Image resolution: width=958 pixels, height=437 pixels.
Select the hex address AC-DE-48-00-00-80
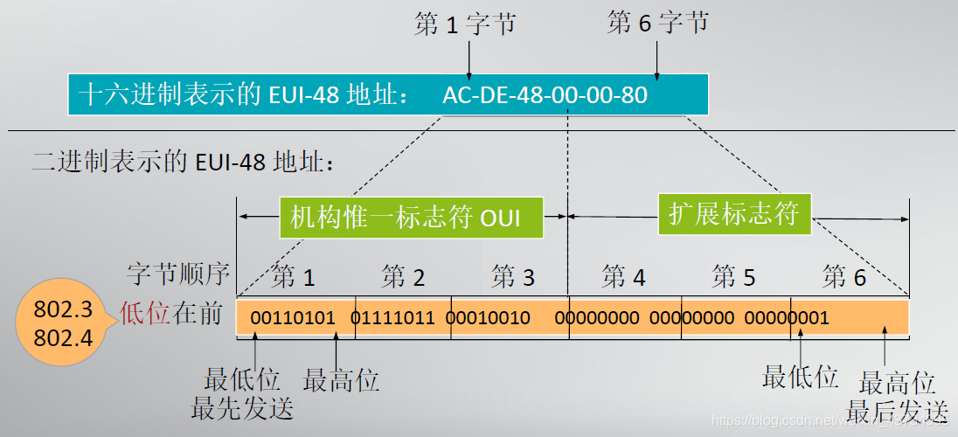coord(545,95)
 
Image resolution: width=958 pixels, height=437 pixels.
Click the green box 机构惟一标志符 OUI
coord(412,217)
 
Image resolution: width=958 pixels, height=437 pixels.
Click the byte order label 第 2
coord(403,278)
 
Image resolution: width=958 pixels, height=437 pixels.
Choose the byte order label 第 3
coord(513,278)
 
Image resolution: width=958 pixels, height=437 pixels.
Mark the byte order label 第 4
coord(623,278)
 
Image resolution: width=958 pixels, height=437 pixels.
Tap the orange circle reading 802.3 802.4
coord(62,324)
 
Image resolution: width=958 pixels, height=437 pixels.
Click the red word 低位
coord(144,315)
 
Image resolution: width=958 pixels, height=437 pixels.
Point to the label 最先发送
coord(242,407)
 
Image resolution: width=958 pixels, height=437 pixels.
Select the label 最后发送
coord(897,409)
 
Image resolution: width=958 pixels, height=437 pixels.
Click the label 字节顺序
coord(178,274)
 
